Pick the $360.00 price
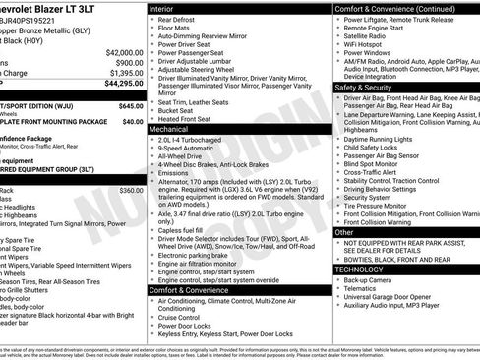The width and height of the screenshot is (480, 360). (131, 190)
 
